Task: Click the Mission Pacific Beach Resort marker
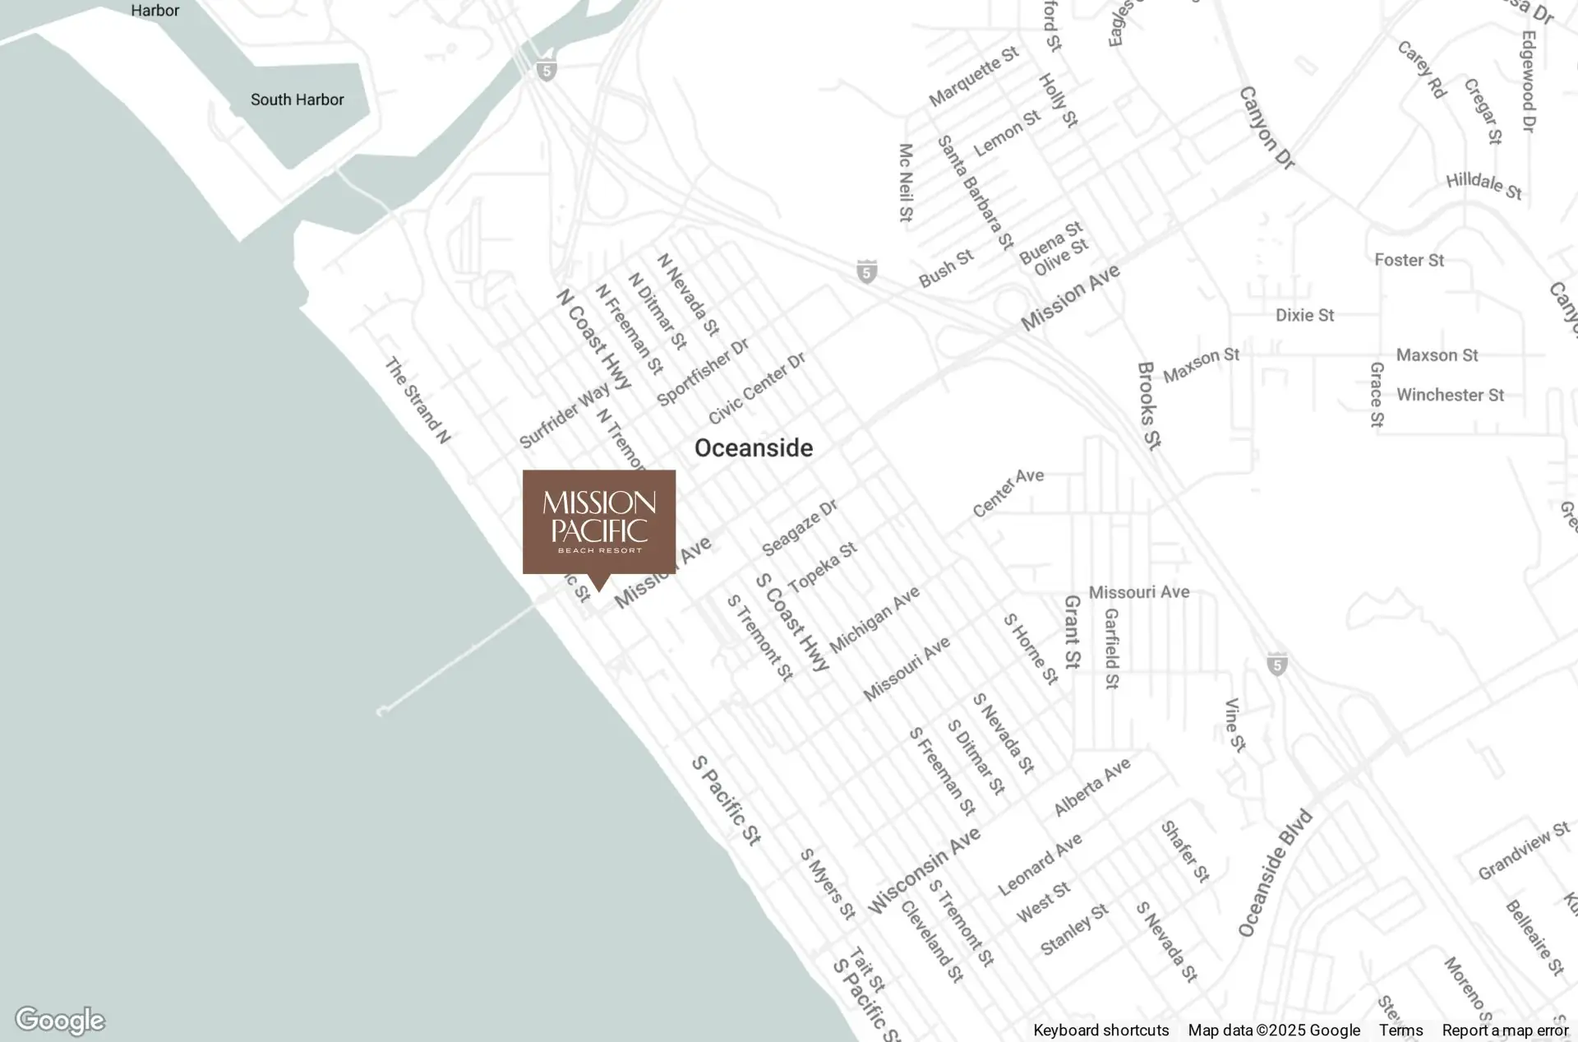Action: [599, 523]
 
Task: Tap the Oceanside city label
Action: [754, 448]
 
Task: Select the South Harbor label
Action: [297, 100]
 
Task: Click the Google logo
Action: [60, 1021]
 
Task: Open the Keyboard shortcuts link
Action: [1100, 1030]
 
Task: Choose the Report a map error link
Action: [1505, 1030]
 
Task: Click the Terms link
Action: [1400, 1030]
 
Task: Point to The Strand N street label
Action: [418, 401]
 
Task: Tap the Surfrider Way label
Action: [564, 415]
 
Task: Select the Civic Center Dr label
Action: [757, 388]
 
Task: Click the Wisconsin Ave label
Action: [925, 870]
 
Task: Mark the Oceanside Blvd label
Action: [1275, 873]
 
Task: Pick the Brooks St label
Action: [1149, 405]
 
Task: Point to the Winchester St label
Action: [1450, 395]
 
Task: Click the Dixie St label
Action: [1304, 315]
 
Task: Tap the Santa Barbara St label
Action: [976, 193]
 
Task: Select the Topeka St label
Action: [823, 567]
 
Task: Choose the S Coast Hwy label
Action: [792, 622]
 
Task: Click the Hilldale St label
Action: [1484, 185]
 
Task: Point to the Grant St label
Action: [1072, 632]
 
